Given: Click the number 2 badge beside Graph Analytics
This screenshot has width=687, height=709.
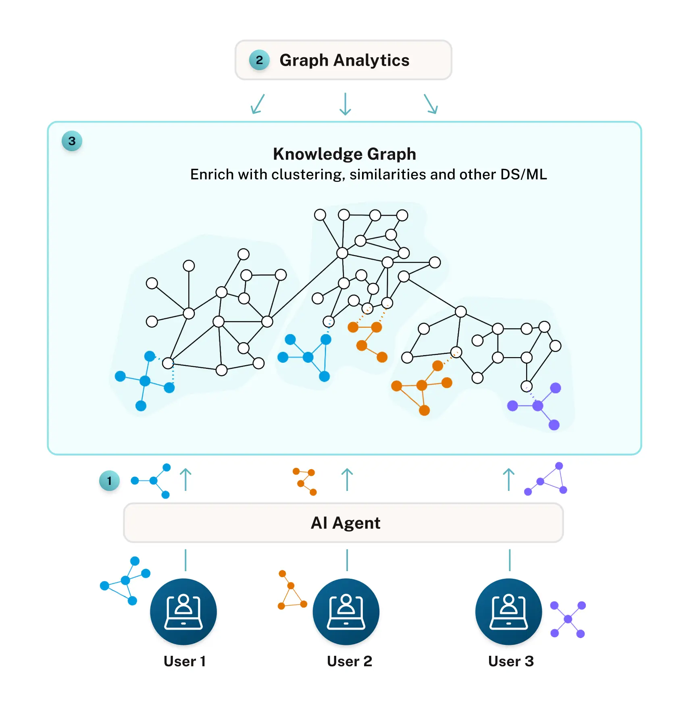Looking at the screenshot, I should (x=259, y=60).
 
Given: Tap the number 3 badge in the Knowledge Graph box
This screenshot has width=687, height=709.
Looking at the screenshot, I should (x=72, y=141).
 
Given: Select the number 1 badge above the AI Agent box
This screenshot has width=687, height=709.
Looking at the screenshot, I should (x=109, y=481).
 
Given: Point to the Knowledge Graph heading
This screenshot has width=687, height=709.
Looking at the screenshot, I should (x=344, y=154).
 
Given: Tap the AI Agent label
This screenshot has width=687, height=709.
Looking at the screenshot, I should (x=345, y=523).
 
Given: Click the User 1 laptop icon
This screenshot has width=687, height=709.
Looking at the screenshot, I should (x=183, y=611).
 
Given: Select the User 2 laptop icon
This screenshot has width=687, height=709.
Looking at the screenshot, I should (x=346, y=611).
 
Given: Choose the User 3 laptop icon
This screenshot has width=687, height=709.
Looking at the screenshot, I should (x=509, y=611).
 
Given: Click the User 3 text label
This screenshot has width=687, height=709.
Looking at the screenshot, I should (x=511, y=661).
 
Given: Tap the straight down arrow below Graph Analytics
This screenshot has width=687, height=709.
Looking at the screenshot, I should (x=345, y=104).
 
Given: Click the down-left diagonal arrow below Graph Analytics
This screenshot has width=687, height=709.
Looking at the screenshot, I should (x=258, y=104).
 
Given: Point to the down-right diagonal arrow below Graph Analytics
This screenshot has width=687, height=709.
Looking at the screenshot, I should (x=431, y=104).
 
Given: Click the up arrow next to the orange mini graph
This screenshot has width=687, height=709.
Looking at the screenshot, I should (x=347, y=479).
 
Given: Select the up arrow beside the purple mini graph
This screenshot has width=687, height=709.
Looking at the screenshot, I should (x=509, y=479).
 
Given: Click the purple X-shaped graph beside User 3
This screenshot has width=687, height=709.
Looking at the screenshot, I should (x=568, y=619).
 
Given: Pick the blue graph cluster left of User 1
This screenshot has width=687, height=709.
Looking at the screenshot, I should (x=125, y=581).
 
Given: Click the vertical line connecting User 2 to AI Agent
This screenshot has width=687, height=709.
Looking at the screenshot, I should (x=347, y=560).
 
